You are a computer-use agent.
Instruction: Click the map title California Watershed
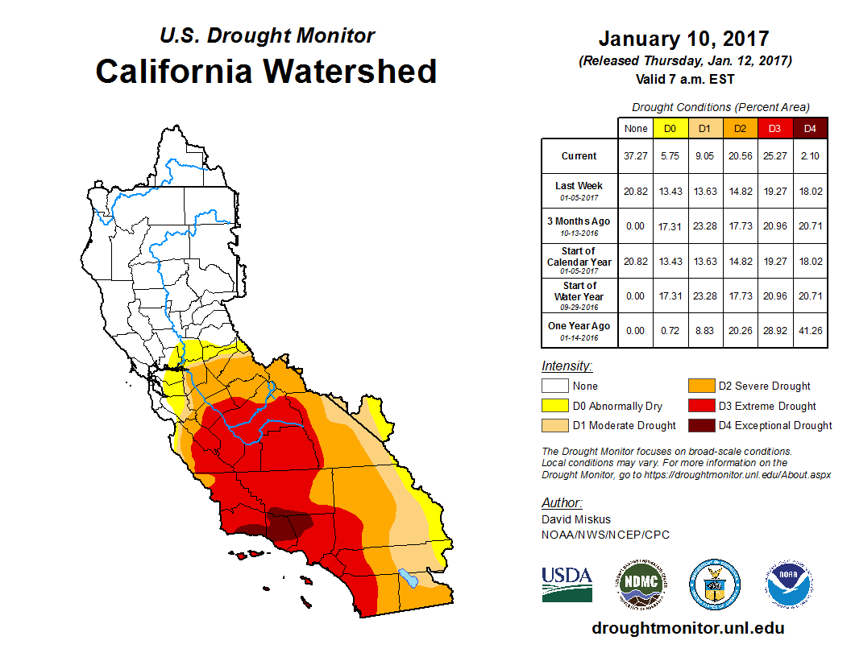tap(266, 72)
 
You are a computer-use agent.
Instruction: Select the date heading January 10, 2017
tap(683, 39)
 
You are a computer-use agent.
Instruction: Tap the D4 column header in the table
tap(810, 128)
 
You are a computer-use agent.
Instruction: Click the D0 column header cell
tap(669, 128)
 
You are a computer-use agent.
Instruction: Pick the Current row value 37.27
tap(635, 156)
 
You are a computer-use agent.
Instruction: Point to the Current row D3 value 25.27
tap(774, 156)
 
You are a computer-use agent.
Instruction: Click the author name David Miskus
tap(576, 520)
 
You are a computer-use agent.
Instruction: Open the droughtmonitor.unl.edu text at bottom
tap(687, 628)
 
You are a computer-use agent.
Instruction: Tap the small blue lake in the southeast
tap(409, 577)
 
